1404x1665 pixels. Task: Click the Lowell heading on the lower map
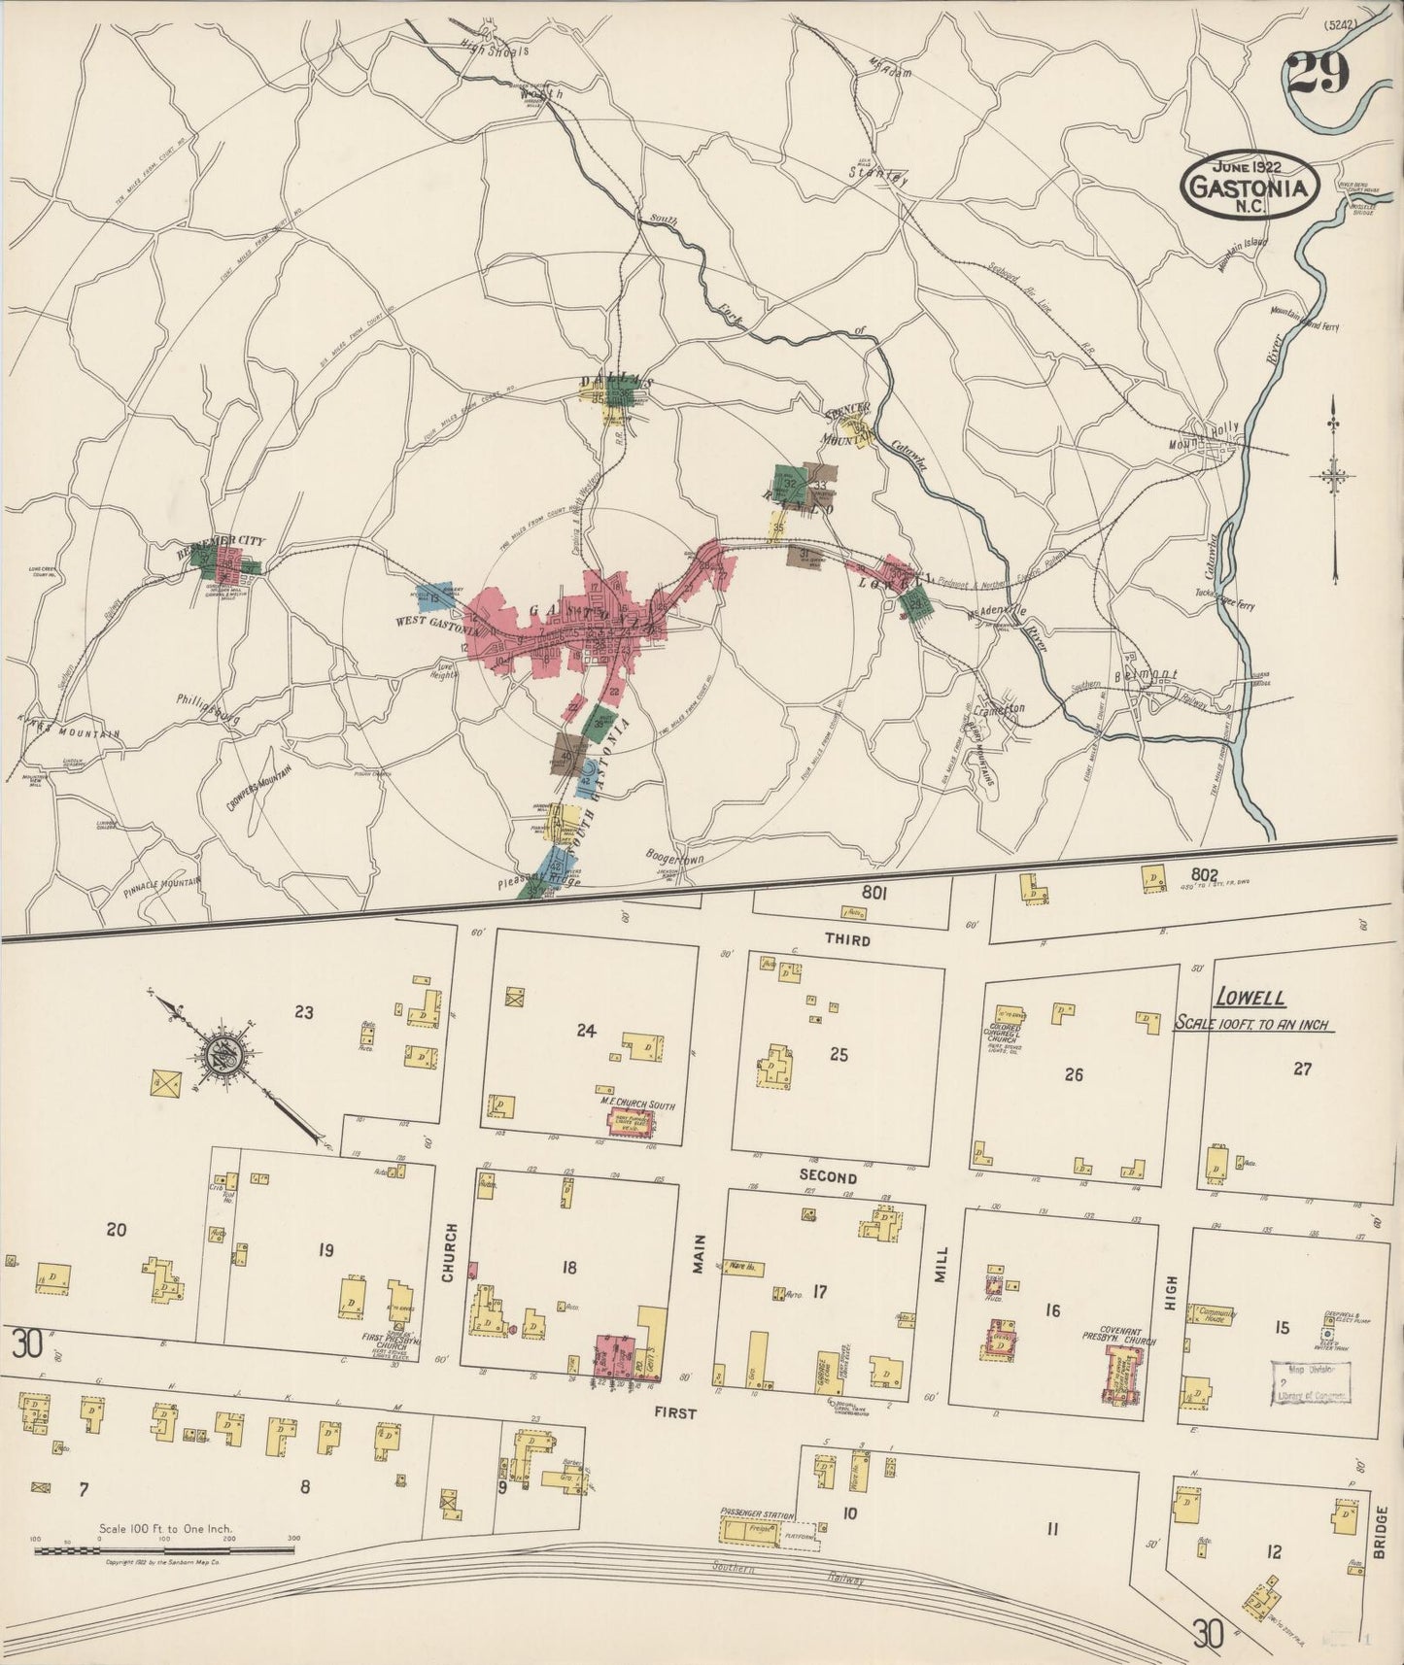[x=1250, y=998]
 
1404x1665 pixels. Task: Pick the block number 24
[x=585, y=1031]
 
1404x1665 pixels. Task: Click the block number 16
[x=1052, y=1310]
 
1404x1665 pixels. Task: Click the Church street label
[x=448, y=1252]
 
